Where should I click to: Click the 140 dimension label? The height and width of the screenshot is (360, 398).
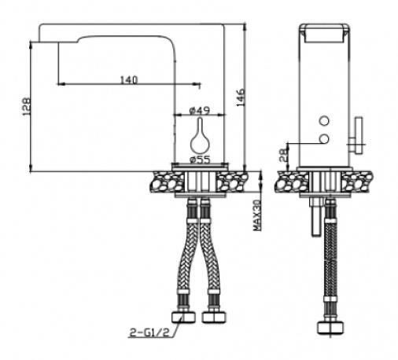129,80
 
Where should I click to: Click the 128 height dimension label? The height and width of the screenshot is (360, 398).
27,107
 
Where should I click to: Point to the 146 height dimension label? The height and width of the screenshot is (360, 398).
241,97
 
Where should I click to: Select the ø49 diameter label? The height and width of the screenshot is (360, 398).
200,110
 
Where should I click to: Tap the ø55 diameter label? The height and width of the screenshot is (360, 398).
200,159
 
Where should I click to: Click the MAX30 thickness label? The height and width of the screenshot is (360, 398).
257,215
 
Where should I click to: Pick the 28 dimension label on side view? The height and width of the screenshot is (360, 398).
283,155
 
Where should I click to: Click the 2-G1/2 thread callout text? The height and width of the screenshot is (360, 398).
149,332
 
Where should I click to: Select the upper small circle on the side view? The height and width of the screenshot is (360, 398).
324,121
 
